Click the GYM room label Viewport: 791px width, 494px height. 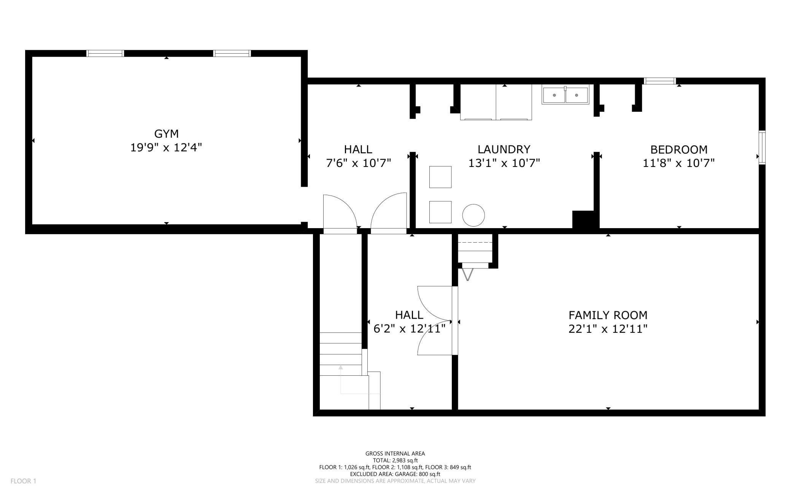point(166,134)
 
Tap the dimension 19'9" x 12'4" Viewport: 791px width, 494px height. point(166,148)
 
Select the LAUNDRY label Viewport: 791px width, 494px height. point(504,149)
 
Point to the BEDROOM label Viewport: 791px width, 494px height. point(679,149)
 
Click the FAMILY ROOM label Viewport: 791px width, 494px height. point(608,315)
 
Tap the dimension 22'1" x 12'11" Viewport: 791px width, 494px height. point(608,329)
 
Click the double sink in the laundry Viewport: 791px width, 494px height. point(565,95)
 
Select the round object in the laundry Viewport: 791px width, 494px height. point(473,215)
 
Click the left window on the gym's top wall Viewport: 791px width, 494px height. point(105,53)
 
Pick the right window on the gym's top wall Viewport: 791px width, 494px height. point(232,53)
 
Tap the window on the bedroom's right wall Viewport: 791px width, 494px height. point(762,148)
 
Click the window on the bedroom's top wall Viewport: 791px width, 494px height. point(660,81)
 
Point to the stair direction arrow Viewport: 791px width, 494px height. point(341,368)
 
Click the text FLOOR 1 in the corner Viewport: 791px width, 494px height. point(23,481)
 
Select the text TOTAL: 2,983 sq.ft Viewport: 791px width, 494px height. point(395,461)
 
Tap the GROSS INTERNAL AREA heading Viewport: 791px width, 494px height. point(395,453)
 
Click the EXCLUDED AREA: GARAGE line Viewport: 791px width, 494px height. point(395,474)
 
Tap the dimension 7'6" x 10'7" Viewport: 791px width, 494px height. point(359,163)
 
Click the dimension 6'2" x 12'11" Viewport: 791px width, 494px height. point(409,329)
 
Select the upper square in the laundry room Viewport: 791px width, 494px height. point(440,177)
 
